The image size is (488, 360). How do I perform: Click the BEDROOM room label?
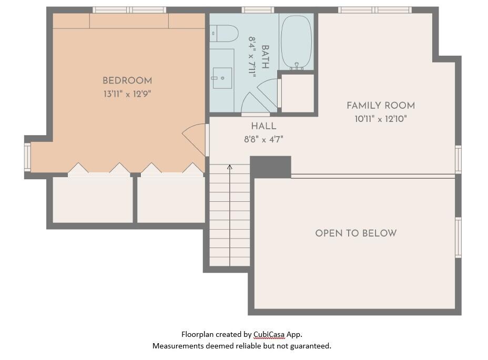pos(127,81)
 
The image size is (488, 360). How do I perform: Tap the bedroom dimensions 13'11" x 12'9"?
pos(127,95)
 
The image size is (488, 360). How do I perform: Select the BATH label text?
pos(265,57)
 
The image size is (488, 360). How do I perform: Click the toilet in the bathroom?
pos(223,33)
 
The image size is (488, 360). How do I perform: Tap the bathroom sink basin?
pos(222,78)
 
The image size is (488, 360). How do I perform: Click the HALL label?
pos(263,126)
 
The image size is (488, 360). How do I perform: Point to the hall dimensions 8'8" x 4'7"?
pos(263,139)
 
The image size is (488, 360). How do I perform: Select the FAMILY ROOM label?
pos(381,106)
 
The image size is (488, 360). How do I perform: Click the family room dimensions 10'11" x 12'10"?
pos(381,119)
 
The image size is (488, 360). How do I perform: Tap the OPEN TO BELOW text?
pos(356,233)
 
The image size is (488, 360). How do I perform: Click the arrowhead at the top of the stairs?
pos(230,167)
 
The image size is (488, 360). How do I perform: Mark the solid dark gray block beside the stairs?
pos(270,167)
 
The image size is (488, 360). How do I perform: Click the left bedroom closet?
pos(93,200)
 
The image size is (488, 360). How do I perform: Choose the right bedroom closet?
pos(171,200)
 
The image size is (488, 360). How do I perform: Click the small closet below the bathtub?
pos(298,93)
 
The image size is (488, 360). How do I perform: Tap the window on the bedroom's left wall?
pos(27,157)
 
